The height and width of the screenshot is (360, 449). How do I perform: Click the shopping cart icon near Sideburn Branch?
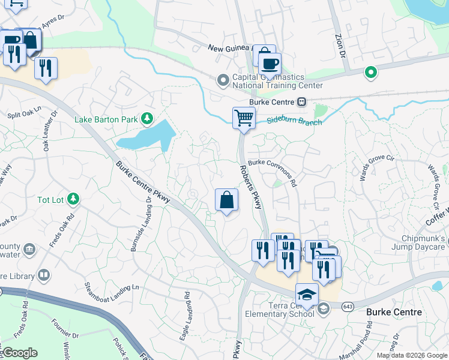244,118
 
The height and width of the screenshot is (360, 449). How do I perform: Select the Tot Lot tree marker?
73,199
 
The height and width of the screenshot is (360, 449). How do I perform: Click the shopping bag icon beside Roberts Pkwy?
226,200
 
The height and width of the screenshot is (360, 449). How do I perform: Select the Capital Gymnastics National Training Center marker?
223,79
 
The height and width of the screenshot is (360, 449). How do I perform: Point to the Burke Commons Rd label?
273,169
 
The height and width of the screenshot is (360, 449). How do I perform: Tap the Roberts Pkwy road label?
251,187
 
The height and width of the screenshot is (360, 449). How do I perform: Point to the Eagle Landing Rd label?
187,316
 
